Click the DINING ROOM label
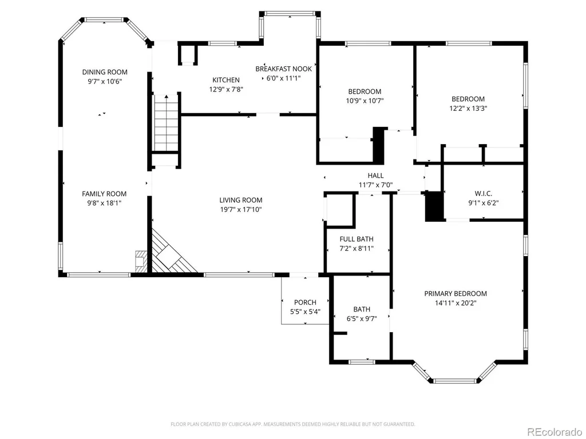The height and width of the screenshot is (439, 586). pos(105,72)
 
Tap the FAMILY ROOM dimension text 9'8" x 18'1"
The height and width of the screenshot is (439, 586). pos(104,203)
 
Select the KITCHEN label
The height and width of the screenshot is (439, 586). pos(226,80)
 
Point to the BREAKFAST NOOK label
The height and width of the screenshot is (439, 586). pos(284,69)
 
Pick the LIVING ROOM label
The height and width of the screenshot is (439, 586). pos(241,200)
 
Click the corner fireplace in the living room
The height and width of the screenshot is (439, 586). pos(170,253)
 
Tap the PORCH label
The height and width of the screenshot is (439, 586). pos(306,302)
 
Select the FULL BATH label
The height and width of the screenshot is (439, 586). pos(357,239)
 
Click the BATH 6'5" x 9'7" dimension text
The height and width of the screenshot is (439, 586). pos(362,319)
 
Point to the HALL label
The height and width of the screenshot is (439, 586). pos(375,175)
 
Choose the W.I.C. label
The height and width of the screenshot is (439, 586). pos(484,193)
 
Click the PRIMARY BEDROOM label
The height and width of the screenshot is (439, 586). pos(456,293)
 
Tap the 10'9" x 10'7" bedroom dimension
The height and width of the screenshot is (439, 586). pos(365,101)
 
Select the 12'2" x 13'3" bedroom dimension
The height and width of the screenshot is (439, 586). pos(468,108)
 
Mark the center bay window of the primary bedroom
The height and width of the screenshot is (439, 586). pos(456,381)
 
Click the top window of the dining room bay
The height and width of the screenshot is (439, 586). pos(104,19)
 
